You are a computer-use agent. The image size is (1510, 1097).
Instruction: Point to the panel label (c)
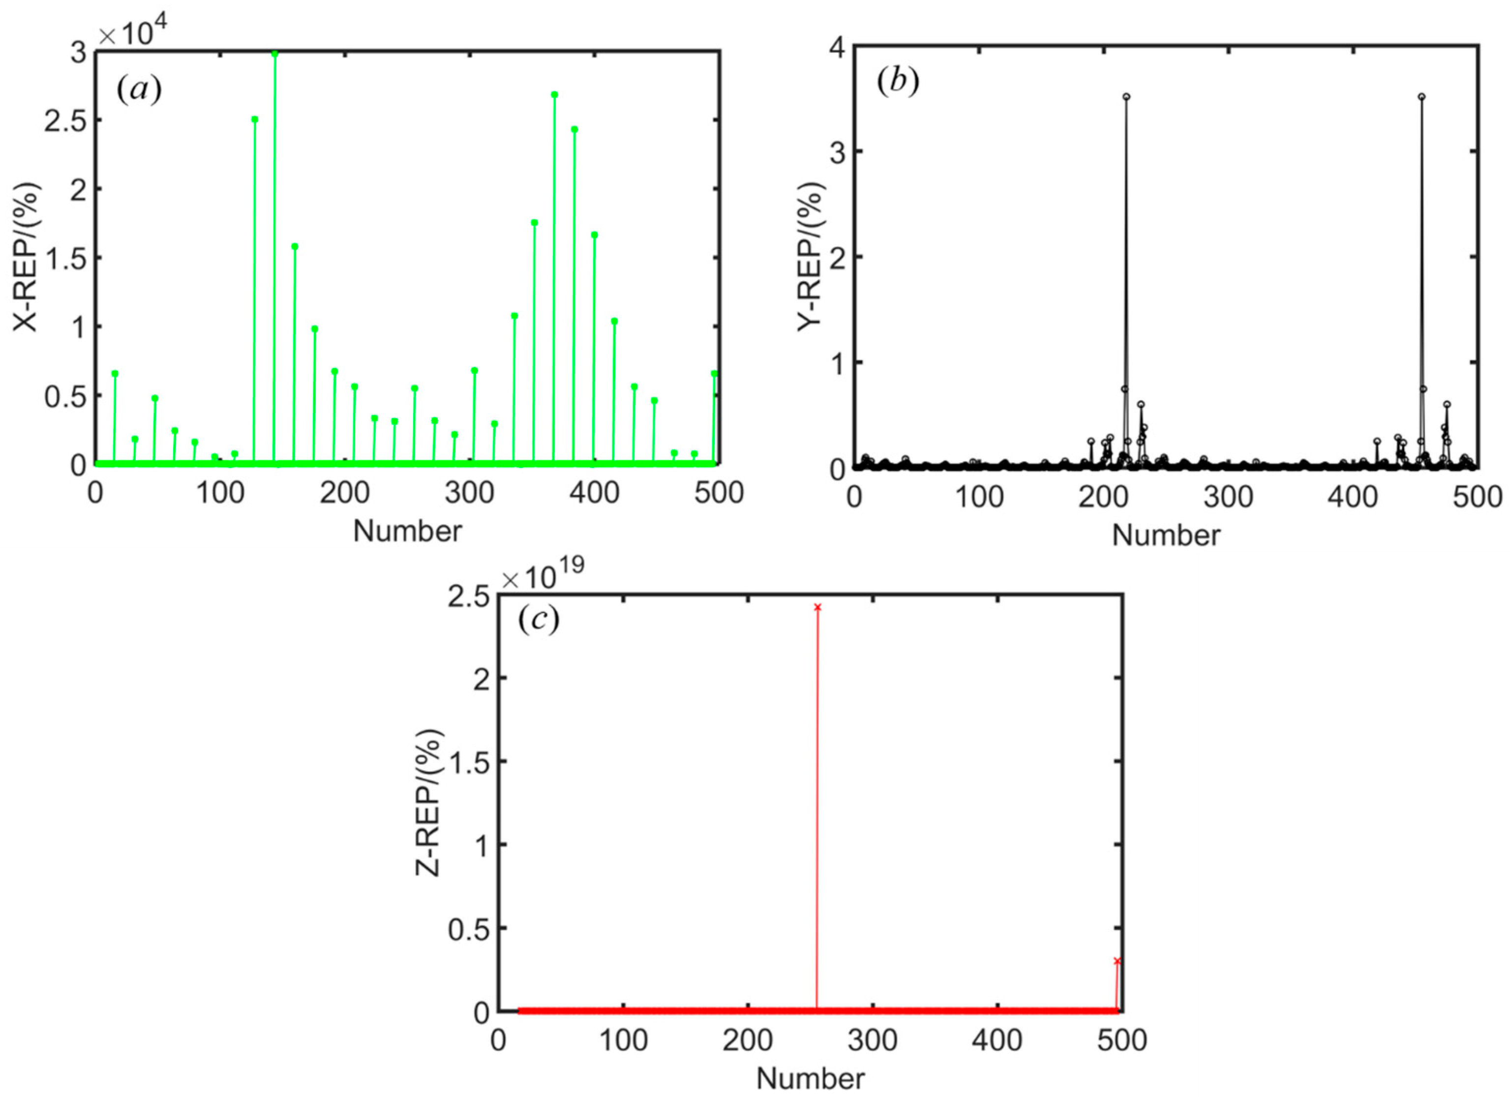click(538, 619)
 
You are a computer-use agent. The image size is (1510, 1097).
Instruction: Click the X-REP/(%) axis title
click(27, 256)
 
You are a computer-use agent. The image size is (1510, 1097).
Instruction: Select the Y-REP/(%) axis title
click(811, 256)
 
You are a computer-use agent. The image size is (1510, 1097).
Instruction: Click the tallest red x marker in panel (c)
click(817, 607)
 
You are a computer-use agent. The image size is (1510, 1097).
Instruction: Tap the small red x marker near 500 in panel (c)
click(1117, 960)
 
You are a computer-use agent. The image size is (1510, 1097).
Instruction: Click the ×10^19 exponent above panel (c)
click(543, 576)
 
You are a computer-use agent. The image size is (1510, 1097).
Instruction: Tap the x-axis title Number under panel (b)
click(1166, 535)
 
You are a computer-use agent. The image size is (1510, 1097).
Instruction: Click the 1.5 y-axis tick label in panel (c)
click(469, 761)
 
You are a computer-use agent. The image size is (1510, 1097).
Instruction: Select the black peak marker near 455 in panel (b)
click(1421, 96)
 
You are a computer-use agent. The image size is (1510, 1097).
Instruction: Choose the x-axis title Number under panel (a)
click(407, 531)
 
